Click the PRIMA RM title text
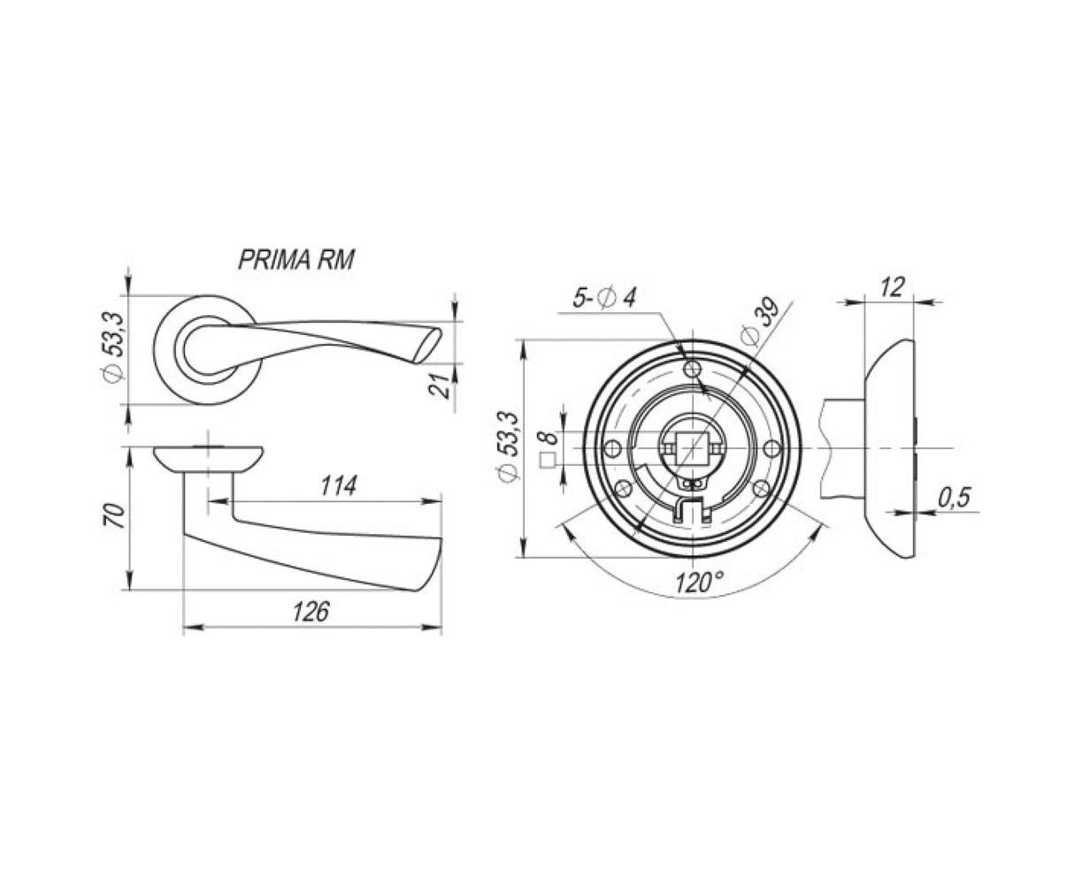(296, 260)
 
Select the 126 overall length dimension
(311, 612)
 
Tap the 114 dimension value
(339, 485)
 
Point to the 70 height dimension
(114, 516)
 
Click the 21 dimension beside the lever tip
(439, 384)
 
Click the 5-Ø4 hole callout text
(604, 297)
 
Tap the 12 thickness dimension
(893, 287)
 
